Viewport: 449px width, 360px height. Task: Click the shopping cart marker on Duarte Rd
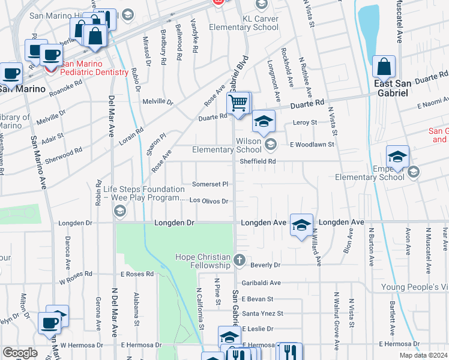click(x=239, y=104)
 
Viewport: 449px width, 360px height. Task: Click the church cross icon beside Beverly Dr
click(x=240, y=260)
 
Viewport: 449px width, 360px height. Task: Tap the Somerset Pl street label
click(x=210, y=184)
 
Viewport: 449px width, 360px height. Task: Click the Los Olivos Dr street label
click(x=209, y=202)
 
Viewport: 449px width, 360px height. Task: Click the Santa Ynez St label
click(x=262, y=313)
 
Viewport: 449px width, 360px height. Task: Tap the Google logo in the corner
click(x=20, y=353)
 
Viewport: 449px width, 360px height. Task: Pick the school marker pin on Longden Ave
click(x=301, y=225)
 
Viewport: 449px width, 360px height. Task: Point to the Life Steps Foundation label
click(x=139, y=193)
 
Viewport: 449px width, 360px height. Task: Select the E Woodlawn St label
click(x=312, y=145)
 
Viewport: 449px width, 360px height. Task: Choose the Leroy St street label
click(x=304, y=122)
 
